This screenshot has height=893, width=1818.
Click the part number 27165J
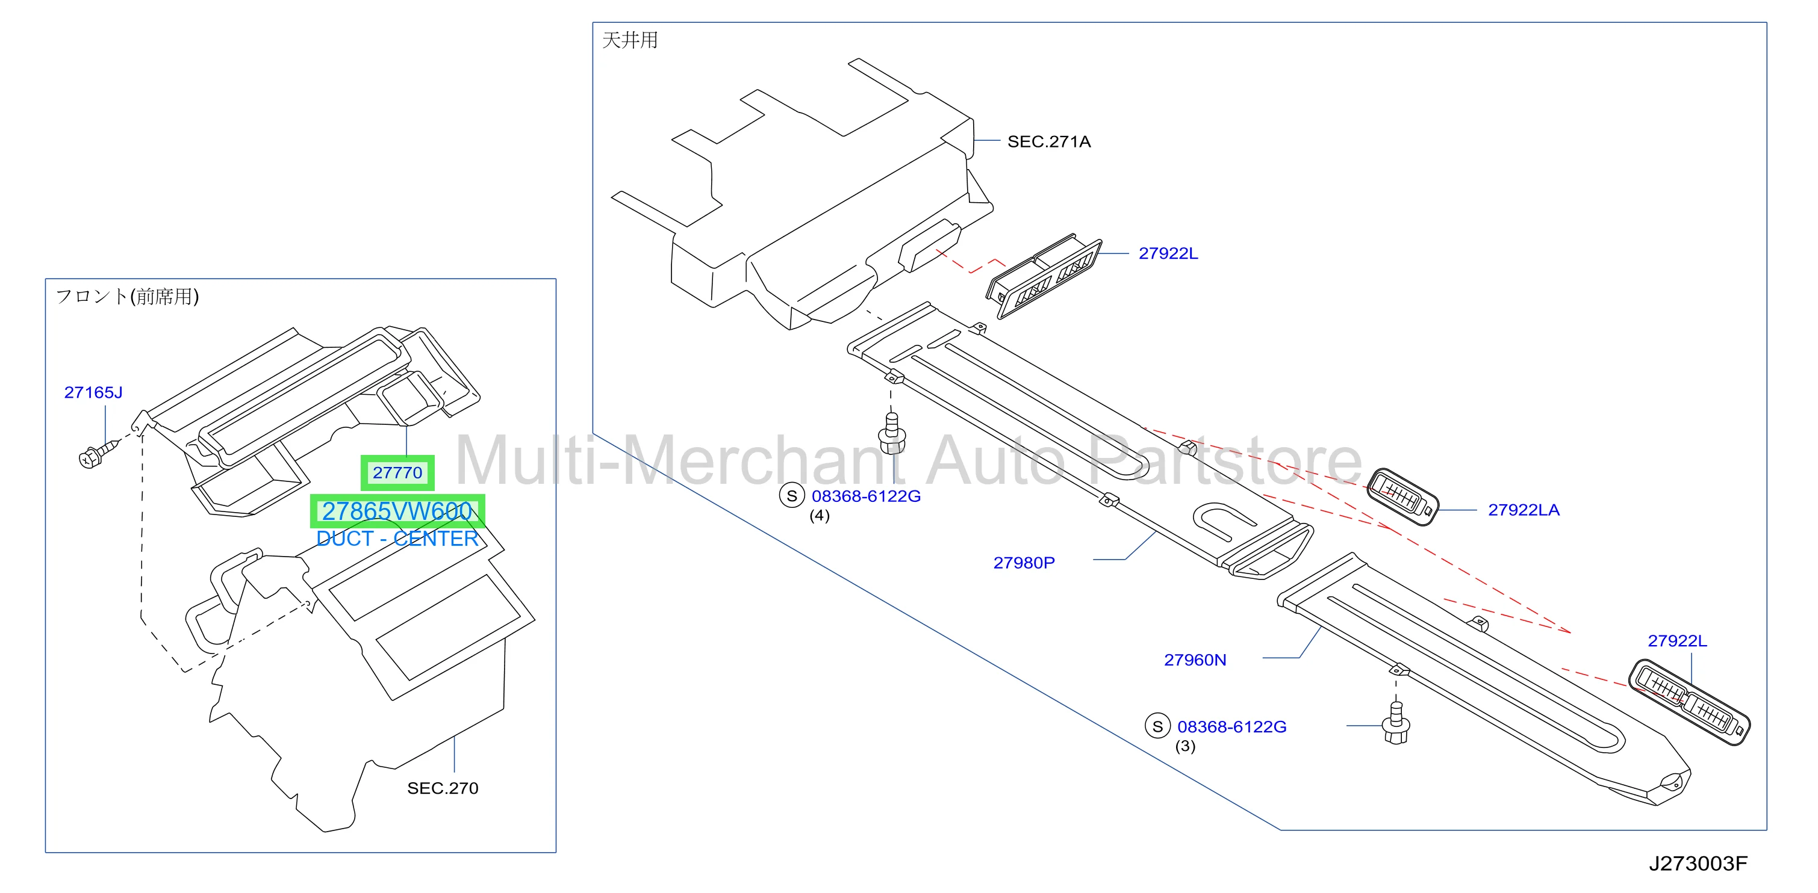point(93,392)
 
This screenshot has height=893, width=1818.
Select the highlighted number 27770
point(397,472)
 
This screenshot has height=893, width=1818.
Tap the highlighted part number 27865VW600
point(397,511)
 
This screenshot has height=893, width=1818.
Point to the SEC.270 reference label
point(443,788)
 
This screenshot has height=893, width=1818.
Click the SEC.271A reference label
point(1049,142)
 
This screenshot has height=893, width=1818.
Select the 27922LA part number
point(1524,510)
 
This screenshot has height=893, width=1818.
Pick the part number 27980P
point(1024,563)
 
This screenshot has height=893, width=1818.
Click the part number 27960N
point(1195,660)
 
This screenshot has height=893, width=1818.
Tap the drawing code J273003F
point(1698,864)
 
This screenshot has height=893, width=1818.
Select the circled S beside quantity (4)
point(792,496)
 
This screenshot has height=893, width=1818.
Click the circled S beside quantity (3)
point(1157,726)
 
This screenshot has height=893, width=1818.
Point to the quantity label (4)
point(820,516)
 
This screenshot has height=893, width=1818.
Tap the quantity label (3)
point(1185,746)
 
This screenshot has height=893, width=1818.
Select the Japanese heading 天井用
point(629,40)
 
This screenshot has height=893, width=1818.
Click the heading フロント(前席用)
point(127,296)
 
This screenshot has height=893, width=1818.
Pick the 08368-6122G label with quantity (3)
point(1231,726)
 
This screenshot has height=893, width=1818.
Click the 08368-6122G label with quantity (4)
point(866,496)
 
